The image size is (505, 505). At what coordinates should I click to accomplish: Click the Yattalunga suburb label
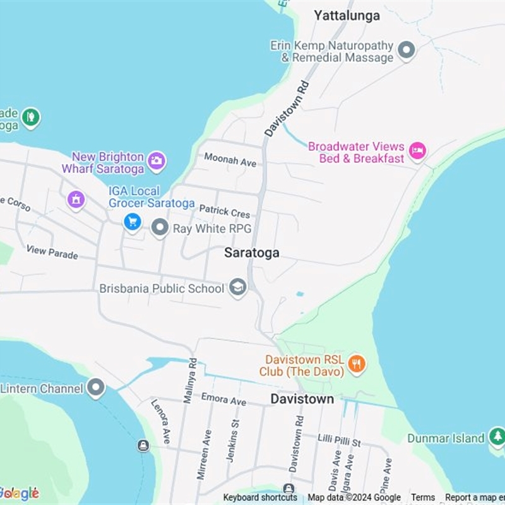point(347,16)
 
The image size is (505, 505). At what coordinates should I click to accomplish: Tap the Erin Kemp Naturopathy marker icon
point(407,50)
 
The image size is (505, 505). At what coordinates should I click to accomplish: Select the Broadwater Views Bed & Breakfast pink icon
point(417,151)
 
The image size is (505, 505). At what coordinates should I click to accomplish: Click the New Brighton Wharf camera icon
point(157,162)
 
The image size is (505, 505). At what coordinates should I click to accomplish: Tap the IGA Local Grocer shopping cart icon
point(132,222)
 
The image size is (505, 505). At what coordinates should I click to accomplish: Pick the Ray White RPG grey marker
point(160,228)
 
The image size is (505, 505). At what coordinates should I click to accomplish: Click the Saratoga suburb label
point(251,252)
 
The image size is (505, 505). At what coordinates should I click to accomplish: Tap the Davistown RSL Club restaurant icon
point(357,364)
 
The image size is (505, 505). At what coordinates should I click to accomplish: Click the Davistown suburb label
point(302,399)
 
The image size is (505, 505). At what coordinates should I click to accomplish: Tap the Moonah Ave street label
point(230,160)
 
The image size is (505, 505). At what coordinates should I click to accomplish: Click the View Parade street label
point(52,252)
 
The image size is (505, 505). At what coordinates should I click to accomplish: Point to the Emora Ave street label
point(223,400)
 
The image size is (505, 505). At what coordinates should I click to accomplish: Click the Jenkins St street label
point(232,441)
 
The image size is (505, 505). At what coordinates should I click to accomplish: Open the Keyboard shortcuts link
point(260,497)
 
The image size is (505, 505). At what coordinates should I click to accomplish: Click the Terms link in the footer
point(423,497)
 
